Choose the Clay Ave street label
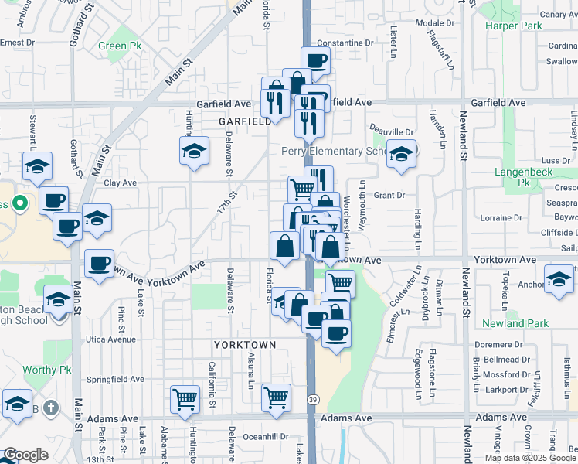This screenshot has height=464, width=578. tap(121, 183)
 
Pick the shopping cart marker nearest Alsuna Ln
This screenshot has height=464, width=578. tap(276, 397)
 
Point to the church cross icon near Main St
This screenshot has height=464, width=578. tap(51, 407)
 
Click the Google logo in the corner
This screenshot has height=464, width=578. tap(26, 455)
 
